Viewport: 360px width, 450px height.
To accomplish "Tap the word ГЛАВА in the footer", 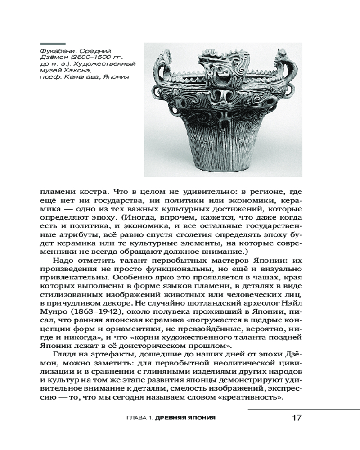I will pyautogui.click(x=137, y=418).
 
